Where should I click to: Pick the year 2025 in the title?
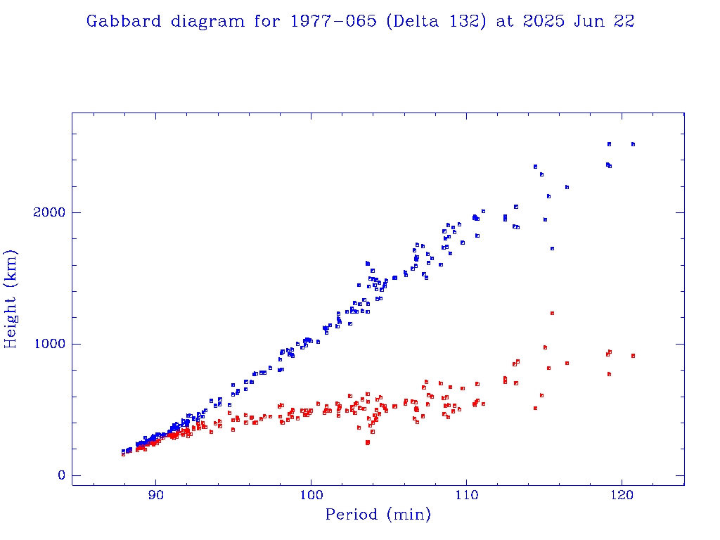pyautogui.click(x=544, y=22)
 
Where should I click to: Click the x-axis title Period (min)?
pyautogui.click(x=378, y=515)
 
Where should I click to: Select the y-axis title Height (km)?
pyautogui.click(x=11, y=300)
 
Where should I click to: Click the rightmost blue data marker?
pyautogui.click(x=633, y=144)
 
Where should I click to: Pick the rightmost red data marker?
pyautogui.click(x=633, y=356)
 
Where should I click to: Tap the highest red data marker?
pyautogui.click(x=552, y=313)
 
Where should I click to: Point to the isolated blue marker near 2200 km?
pyautogui.click(x=567, y=187)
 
